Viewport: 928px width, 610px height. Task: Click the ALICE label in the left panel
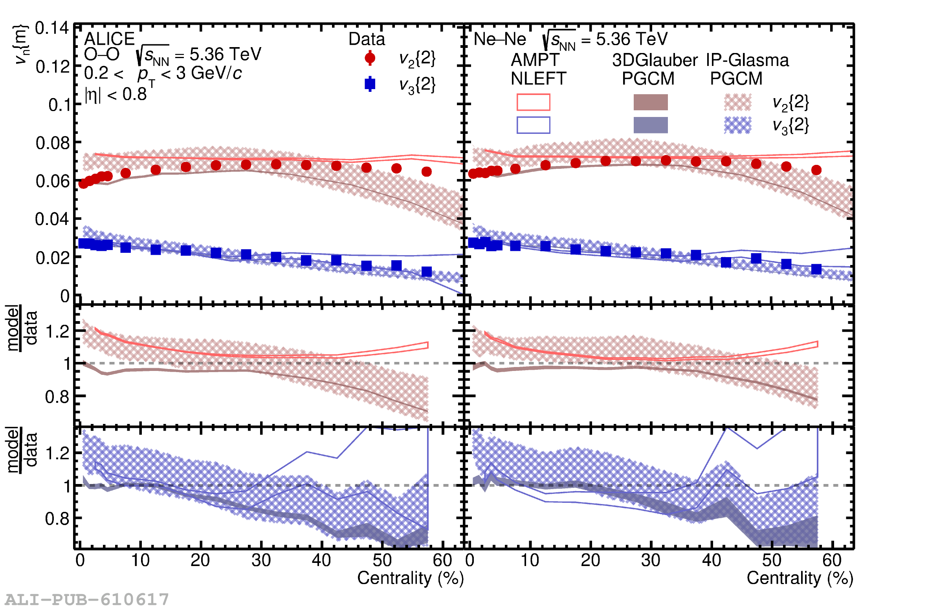tap(109, 39)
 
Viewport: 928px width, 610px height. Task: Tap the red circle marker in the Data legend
tap(370, 58)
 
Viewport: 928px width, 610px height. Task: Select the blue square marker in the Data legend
tap(370, 84)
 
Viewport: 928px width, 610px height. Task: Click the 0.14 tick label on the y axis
tap(52, 28)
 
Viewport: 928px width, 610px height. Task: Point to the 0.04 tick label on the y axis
tap(52, 219)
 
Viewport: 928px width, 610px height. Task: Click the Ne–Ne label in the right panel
tap(499, 39)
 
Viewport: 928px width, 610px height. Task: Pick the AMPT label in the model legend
tap(535, 60)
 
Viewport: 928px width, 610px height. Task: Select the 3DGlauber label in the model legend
tap(655, 60)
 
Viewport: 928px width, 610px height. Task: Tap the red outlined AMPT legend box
tap(533, 102)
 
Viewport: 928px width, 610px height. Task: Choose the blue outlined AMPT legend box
tap(533, 125)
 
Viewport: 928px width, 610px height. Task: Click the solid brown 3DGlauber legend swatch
tap(651, 102)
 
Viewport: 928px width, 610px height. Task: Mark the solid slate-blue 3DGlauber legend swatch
tap(651, 125)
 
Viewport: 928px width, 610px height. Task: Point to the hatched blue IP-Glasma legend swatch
tap(737, 125)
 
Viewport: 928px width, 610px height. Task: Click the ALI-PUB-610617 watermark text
tap(87, 599)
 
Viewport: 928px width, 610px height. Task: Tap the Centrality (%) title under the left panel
tap(410, 578)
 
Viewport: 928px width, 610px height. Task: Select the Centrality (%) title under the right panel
tap(800, 578)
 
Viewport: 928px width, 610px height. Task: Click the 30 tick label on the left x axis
tap(261, 560)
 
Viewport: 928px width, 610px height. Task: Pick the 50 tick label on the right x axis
tap(772, 560)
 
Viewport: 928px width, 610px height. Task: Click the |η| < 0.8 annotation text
tap(116, 94)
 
